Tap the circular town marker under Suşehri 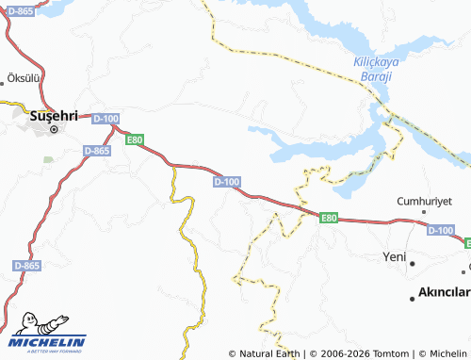pyautogui.click(x=54, y=129)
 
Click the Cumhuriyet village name pyautogui.click(x=425, y=201)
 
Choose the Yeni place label pyautogui.click(x=393, y=256)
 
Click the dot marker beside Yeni pyautogui.click(x=412, y=256)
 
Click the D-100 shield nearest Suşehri pyautogui.click(x=106, y=118)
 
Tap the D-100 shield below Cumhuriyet pyautogui.click(x=440, y=230)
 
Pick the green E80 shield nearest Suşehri pyautogui.click(x=136, y=139)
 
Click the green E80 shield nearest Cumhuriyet pyautogui.click(x=328, y=218)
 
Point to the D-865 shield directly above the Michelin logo pyautogui.click(x=27, y=267)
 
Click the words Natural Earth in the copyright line pyautogui.click(x=269, y=353)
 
